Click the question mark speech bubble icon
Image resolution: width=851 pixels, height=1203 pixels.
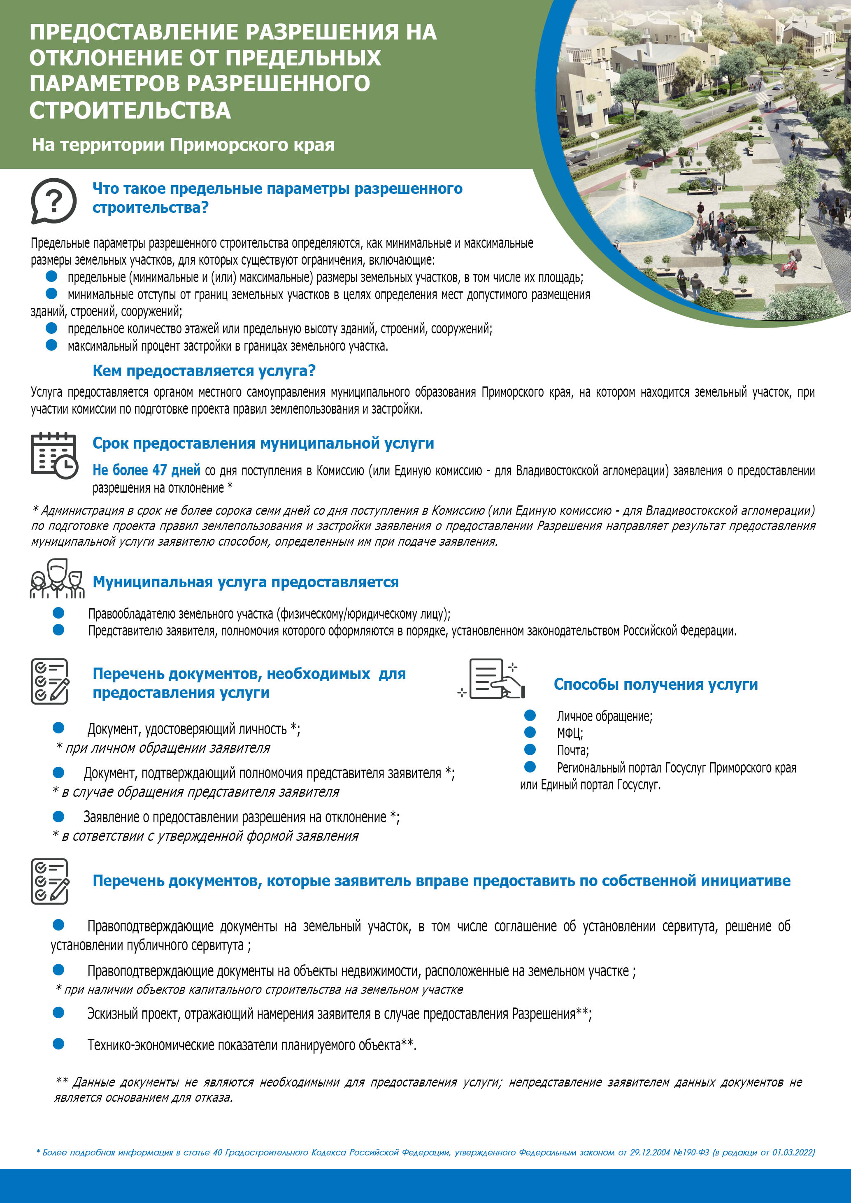click(x=53, y=200)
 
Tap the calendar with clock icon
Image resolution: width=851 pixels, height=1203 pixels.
click(x=53, y=455)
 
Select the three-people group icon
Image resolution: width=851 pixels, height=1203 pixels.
click(x=57, y=578)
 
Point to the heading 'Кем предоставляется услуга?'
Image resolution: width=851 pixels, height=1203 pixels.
click(x=204, y=370)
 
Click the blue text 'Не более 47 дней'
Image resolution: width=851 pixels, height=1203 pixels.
click(x=146, y=470)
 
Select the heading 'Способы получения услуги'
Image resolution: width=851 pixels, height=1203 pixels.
click(x=656, y=684)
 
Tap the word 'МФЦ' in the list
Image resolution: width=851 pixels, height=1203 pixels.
click(x=569, y=733)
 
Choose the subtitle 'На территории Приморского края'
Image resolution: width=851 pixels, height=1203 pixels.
click(x=183, y=144)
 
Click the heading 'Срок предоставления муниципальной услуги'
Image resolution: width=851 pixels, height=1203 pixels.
click(x=263, y=443)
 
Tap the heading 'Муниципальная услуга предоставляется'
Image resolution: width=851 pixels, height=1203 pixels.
click(x=245, y=582)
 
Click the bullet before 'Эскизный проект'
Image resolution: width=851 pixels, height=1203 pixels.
click(x=58, y=1012)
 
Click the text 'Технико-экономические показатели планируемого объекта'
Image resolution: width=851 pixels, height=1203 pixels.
click(x=244, y=1045)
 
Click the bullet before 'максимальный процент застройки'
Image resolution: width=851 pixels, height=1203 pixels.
click(x=51, y=345)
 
